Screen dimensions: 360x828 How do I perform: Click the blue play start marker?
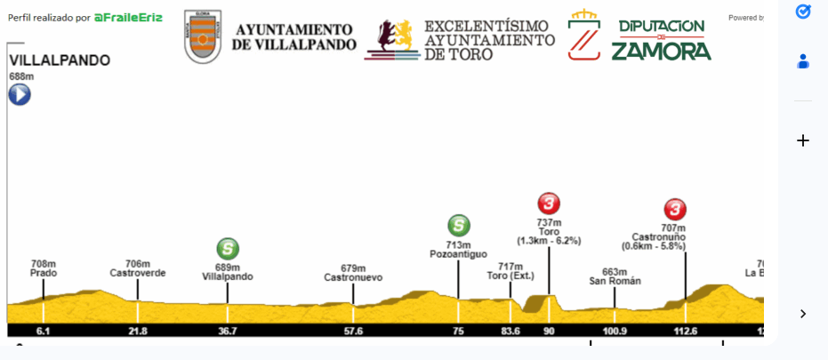point(20,93)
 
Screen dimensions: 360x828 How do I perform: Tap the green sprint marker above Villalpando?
point(228,249)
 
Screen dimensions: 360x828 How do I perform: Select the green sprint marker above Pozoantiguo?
point(459,226)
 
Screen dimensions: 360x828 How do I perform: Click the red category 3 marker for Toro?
point(549,204)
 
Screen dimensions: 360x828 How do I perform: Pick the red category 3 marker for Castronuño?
point(675,210)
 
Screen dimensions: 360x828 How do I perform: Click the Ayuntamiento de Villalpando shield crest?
point(203,37)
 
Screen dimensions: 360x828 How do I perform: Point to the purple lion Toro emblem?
point(392,38)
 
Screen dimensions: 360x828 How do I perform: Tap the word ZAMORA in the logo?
point(661,51)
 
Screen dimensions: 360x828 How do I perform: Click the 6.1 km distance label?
point(43,331)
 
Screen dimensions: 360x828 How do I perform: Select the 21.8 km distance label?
point(137,331)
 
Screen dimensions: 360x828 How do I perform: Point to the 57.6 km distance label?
point(353,331)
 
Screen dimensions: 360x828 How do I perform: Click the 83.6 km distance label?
point(510,331)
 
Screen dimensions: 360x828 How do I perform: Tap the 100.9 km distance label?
point(615,331)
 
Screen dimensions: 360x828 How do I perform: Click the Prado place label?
point(44,273)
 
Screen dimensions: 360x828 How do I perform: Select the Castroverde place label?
point(137,273)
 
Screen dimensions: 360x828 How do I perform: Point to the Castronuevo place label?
point(353,277)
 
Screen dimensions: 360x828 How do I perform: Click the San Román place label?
point(615,281)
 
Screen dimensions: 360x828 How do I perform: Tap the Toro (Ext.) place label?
point(510,276)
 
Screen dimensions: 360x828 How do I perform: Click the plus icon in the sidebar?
point(803,140)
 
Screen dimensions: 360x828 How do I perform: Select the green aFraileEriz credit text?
point(128,17)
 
